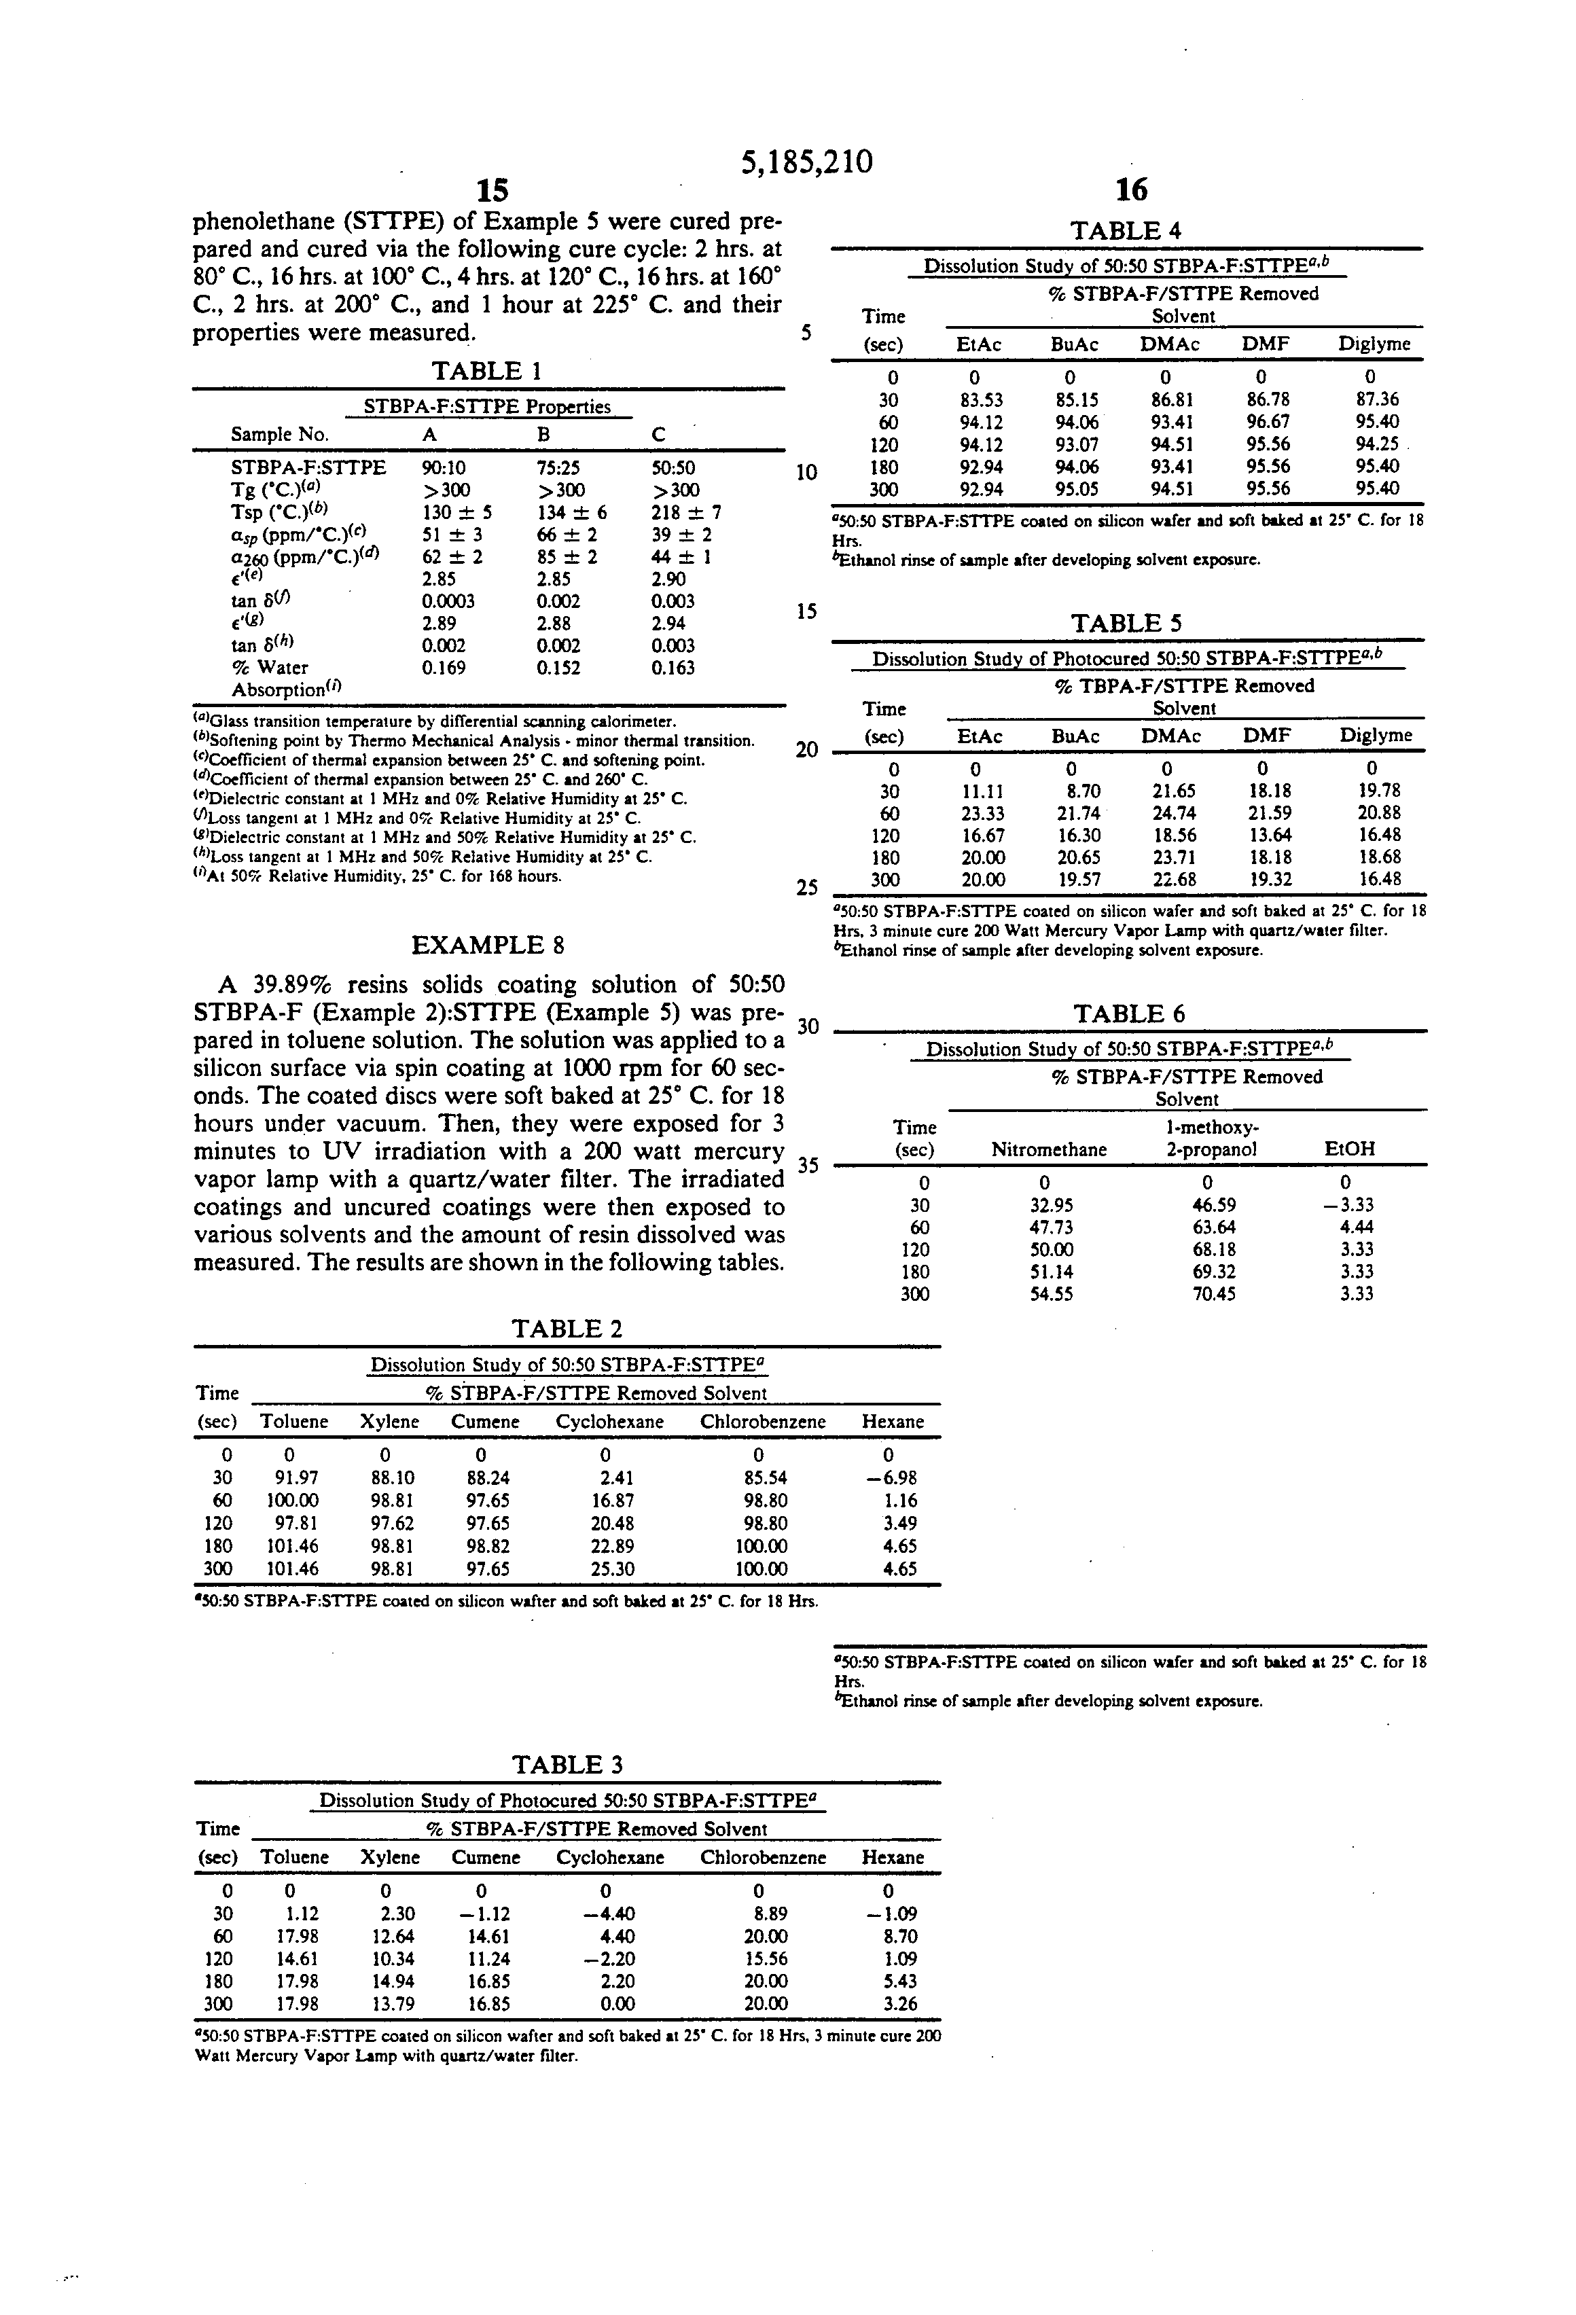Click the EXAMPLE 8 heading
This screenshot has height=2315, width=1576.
tap(488, 944)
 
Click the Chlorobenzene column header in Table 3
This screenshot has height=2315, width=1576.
tap(762, 1856)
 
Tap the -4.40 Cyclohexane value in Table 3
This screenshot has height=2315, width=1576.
tap(609, 1914)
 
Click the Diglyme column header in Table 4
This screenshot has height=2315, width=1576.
tap(1374, 344)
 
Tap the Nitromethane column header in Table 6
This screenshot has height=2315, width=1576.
tap(1048, 1149)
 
